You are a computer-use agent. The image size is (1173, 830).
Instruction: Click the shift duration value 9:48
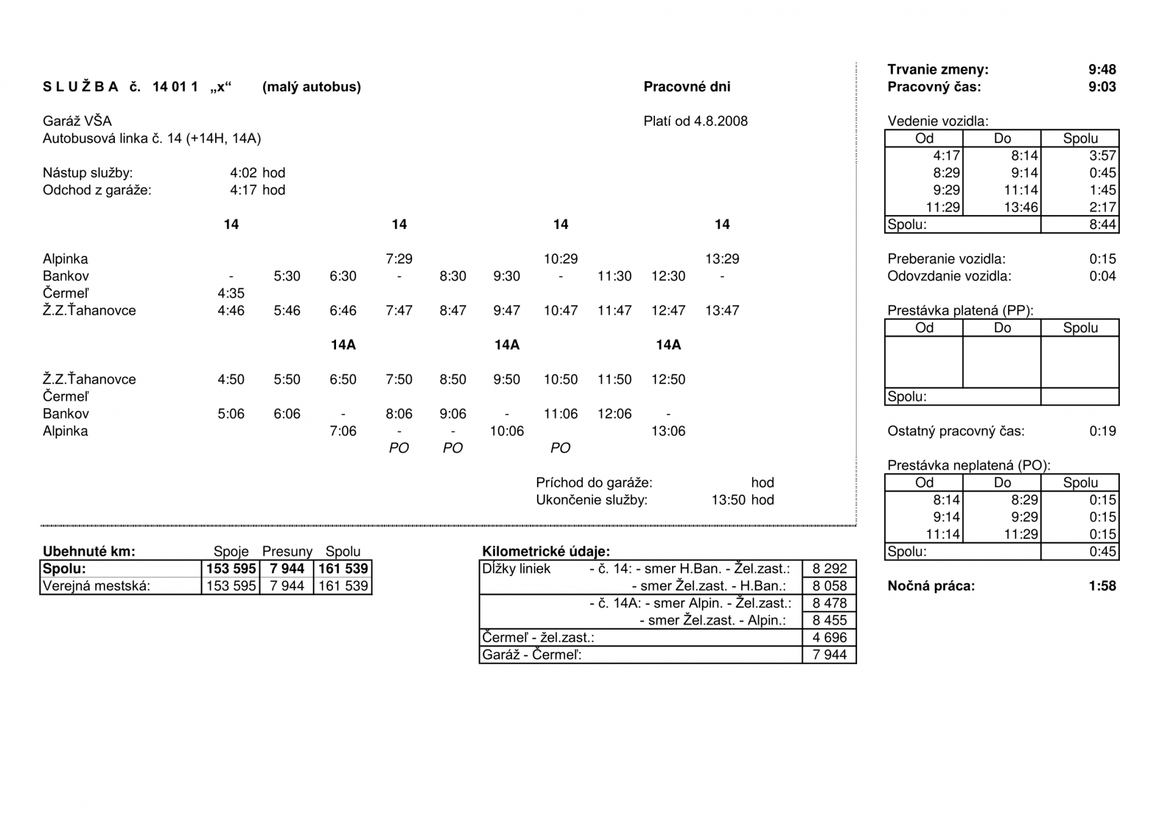click(1102, 70)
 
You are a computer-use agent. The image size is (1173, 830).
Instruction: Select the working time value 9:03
click(1102, 87)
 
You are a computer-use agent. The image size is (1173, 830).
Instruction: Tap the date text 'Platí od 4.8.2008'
click(695, 121)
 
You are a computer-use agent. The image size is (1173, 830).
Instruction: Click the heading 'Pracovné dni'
click(687, 87)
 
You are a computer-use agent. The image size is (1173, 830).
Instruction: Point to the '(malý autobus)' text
click(312, 87)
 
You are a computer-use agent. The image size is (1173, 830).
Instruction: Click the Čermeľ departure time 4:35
click(231, 293)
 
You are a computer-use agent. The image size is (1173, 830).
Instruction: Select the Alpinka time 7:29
click(399, 259)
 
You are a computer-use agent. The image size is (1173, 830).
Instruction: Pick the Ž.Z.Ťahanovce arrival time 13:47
click(722, 310)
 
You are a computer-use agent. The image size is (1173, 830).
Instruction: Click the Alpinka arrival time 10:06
click(506, 431)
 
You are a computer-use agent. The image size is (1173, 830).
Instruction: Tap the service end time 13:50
click(728, 500)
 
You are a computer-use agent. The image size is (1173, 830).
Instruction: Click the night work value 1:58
click(1102, 586)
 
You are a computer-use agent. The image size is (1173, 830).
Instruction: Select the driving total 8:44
click(1102, 225)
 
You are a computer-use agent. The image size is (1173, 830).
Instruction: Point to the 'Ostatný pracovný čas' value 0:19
click(1102, 431)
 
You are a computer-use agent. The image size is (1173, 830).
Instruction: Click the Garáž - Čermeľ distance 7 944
click(829, 655)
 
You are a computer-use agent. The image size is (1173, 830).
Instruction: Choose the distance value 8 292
click(829, 569)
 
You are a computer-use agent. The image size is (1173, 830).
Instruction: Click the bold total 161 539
click(343, 569)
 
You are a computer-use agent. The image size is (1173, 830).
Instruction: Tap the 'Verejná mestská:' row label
click(96, 586)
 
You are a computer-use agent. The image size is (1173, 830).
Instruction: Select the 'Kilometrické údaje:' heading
click(546, 552)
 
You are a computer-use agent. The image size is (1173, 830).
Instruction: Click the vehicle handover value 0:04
click(1102, 276)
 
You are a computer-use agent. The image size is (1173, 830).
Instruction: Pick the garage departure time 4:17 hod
click(257, 190)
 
